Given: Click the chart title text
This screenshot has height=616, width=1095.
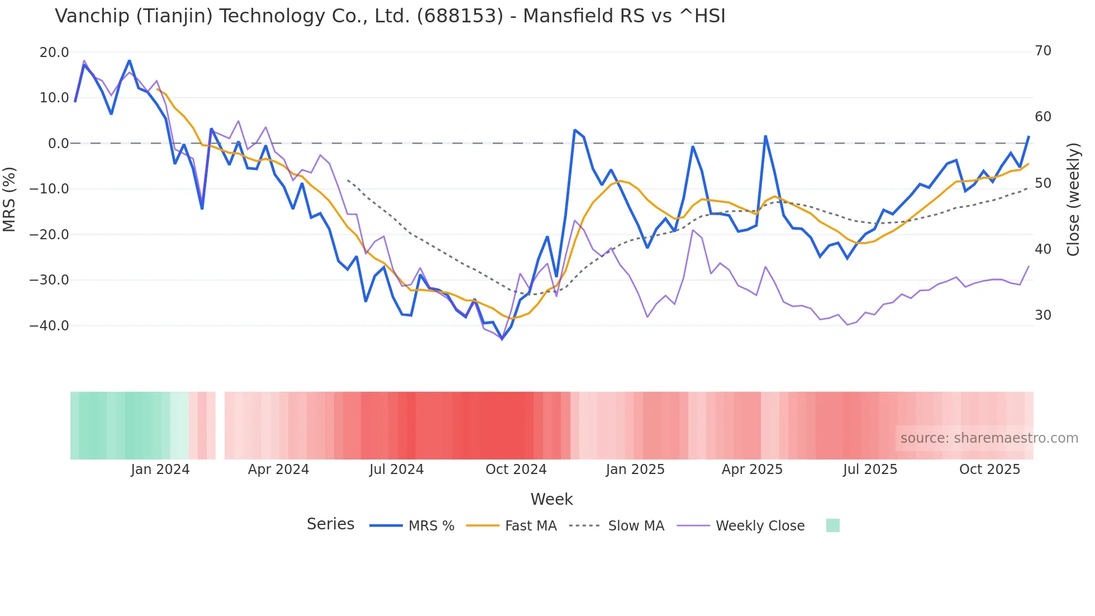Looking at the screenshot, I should point(390,16).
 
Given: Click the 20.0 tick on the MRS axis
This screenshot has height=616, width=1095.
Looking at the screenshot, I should point(54,53).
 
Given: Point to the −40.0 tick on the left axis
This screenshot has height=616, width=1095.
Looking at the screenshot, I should point(49,325).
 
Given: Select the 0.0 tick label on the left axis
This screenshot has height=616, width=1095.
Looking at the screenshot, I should point(59,144).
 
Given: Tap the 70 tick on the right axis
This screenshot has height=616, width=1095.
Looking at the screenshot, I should point(1043,51).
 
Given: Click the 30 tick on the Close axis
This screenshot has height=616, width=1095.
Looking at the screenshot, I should point(1043,315).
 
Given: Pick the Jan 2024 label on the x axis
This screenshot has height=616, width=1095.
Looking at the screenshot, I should point(160,470).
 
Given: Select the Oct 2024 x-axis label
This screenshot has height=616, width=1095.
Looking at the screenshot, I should point(516,470).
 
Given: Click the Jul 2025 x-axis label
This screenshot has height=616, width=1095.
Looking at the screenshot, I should point(870,470).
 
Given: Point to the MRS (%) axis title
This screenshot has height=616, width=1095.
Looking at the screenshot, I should point(9,199).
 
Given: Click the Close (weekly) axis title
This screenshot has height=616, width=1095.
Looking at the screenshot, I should point(1073,200).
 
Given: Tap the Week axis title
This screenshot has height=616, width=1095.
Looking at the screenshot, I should point(551,499).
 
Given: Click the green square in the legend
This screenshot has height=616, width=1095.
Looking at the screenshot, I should point(832,526).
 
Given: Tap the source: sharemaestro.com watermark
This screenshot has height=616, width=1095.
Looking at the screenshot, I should point(989,438).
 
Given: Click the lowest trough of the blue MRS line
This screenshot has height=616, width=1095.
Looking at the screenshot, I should point(502,339).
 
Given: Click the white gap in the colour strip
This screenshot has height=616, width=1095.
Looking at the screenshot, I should point(220,425).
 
